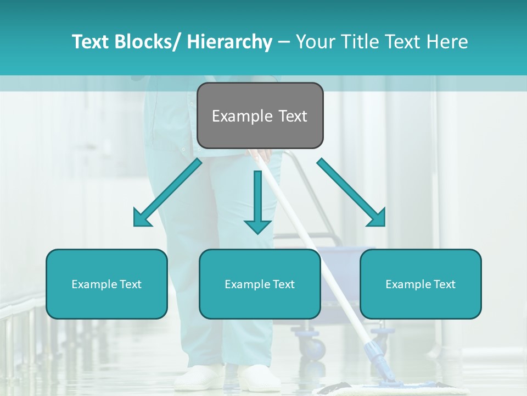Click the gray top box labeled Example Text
click(x=260, y=116)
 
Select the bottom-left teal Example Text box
click(x=106, y=284)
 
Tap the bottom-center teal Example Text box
click(x=260, y=284)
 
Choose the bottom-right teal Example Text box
click(x=421, y=284)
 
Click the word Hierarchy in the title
click(x=229, y=42)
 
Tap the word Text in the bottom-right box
click(x=443, y=284)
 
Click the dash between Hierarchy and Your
click(x=284, y=42)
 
